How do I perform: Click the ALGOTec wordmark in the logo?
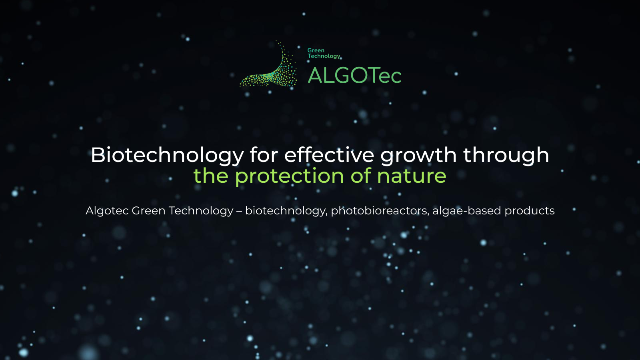[x=354, y=76]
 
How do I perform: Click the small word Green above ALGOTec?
[x=316, y=50]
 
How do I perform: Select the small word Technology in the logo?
[x=324, y=56]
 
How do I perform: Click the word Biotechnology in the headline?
[x=167, y=155]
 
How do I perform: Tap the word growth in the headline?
[x=418, y=155]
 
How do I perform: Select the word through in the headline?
[x=506, y=155]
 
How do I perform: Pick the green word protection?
[x=289, y=176]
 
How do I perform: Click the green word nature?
[x=412, y=176]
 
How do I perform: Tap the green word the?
[x=211, y=176]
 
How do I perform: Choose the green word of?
[x=361, y=176]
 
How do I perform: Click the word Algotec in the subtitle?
[x=107, y=211]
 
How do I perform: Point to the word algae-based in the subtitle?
[x=466, y=211]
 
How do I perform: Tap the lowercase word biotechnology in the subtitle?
[x=286, y=211]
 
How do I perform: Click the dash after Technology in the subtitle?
[x=239, y=211]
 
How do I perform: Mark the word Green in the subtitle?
[x=148, y=211]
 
